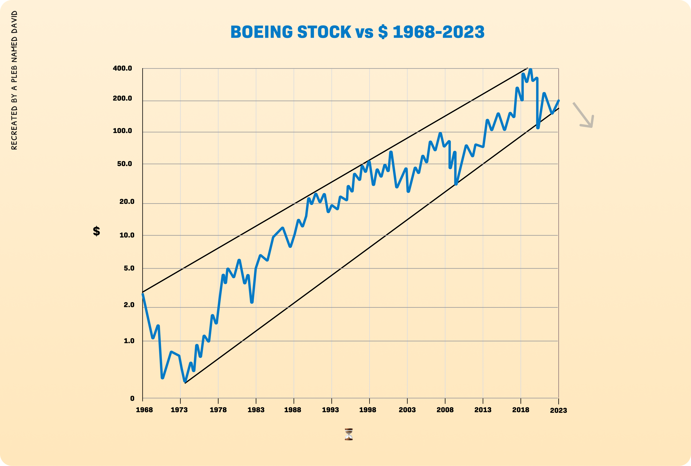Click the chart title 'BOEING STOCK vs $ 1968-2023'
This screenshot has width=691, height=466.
click(357, 32)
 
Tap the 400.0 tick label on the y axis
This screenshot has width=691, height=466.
click(122, 68)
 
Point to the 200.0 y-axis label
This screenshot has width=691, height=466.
click(122, 98)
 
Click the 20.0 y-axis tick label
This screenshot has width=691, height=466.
click(127, 202)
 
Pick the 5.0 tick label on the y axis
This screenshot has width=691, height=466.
click(129, 268)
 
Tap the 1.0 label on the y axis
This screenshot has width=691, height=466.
click(129, 341)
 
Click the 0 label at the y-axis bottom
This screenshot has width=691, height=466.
click(132, 398)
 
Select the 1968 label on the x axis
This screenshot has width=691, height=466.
click(144, 410)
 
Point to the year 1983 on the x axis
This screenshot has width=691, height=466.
click(256, 410)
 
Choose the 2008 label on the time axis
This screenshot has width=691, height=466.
click(445, 410)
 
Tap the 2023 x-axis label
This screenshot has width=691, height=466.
click(559, 410)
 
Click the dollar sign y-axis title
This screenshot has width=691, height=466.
click(97, 231)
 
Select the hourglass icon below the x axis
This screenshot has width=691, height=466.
click(349, 434)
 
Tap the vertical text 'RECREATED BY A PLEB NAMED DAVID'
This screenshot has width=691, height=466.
click(14, 80)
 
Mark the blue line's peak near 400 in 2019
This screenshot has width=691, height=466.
click(531, 70)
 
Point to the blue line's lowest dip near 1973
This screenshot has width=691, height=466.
click(185, 381)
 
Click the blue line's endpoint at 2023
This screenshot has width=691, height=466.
click(559, 101)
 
